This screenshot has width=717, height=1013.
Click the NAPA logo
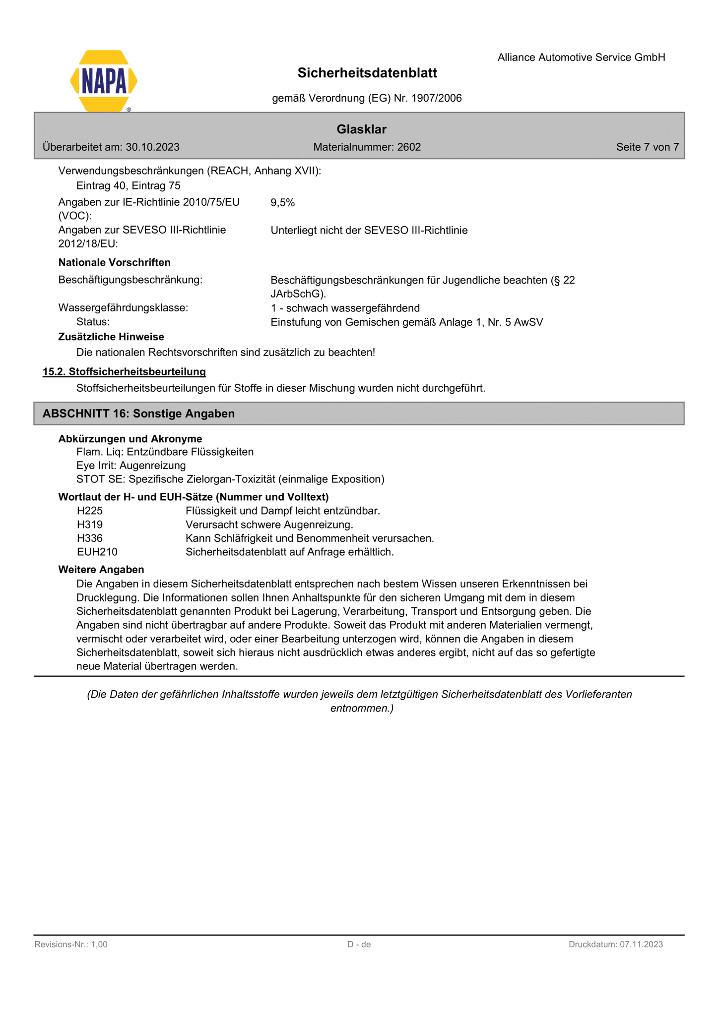[104, 81]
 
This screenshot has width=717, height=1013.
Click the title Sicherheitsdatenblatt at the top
[367, 73]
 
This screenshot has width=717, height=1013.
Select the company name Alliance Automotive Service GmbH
[581, 58]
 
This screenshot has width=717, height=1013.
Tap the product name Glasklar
[361, 129]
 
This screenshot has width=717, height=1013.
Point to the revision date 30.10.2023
[152, 147]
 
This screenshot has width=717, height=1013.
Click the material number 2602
[409, 147]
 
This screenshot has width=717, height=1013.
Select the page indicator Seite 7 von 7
[647, 147]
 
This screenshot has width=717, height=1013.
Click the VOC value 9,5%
[283, 202]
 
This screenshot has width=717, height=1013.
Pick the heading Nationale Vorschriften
[114, 262]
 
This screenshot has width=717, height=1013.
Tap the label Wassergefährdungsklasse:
[123, 308]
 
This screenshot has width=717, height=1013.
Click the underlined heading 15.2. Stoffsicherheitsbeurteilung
[124, 372]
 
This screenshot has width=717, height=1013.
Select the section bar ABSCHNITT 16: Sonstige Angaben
[139, 414]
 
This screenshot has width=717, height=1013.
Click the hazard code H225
[90, 511]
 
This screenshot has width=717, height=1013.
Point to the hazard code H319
[90, 525]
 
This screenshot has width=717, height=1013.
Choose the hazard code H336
[90, 538]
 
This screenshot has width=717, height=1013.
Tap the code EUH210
[97, 552]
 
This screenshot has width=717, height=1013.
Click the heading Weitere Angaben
[101, 570]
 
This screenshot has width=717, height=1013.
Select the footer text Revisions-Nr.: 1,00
[71, 945]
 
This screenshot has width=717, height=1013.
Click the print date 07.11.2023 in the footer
[641, 945]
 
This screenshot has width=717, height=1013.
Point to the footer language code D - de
[359, 945]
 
